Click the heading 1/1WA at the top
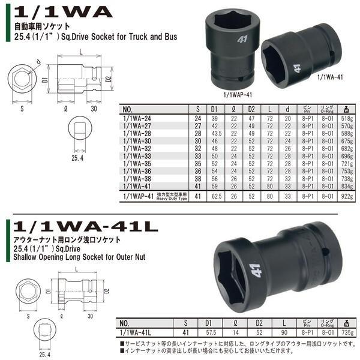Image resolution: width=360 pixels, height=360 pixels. click(x=63, y=11)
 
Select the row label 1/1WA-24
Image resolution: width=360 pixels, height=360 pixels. click(x=136, y=119)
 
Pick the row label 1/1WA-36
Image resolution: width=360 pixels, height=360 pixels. click(x=136, y=170)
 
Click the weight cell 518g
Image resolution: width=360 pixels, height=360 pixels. click(x=346, y=119)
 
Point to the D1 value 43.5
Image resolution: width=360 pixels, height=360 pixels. click(x=214, y=134)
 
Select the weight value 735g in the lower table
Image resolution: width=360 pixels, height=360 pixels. click(x=346, y=332)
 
